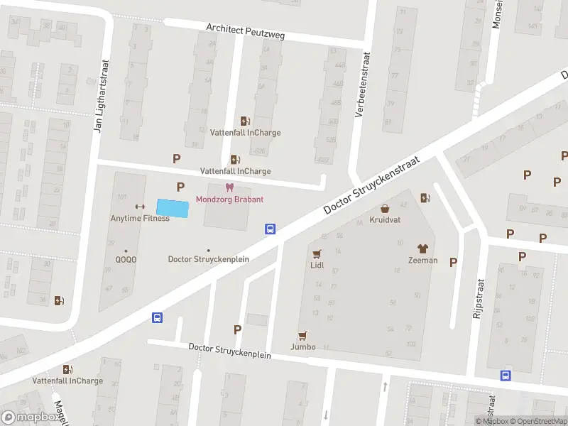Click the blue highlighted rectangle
[x=173, y=209]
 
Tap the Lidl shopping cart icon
[x=317, y=253]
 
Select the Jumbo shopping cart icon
[x=303, y=335]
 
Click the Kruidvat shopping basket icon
[x=385, y=209]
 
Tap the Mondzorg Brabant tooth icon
[x=229, y=188]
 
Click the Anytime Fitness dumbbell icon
[x=140, y=207]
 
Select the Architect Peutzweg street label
[x=245, y=31]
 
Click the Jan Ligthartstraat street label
[x=99, y=96]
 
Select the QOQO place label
[x=126, y=259]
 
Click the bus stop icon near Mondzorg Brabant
[x=271, y=229]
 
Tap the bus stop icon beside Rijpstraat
[x=506, y=376]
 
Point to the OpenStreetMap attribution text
[x=542, y=421]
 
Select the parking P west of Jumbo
[x=237, y=329]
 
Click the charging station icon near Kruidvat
[x=425, y=198]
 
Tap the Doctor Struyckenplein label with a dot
[x=208, y=259]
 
